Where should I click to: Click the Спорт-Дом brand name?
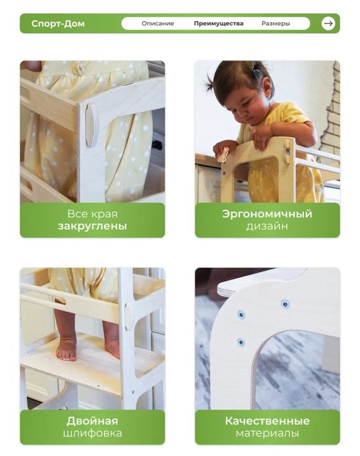tap(58, 23)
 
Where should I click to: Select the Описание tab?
tap(158, 23)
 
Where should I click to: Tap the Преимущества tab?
tap(218, 23)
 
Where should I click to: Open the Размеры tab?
tap(275, 23)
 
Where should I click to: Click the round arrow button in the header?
tap(328, 23)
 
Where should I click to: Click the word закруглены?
tap(93, 226)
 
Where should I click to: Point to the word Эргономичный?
tap(267, 214)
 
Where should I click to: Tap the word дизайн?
tap(267, 226)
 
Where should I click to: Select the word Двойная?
tap(92, 421)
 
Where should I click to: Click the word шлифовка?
tap(93, 433)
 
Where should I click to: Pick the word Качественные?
tap(267, 421)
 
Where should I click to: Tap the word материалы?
tap(267, 433)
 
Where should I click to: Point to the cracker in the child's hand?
tap(223, 154)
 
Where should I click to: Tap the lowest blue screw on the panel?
tap(241, 342)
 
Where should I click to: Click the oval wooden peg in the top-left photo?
tap(91, 125)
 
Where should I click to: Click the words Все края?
tap(93, 214)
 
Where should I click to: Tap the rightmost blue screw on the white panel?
tap(285, 304)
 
